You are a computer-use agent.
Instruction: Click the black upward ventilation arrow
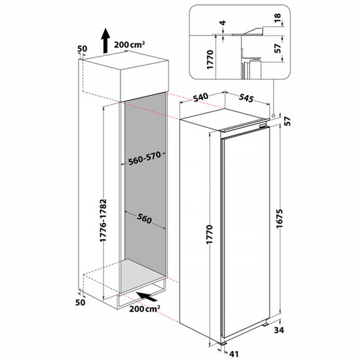pyautogui.click(x=106, y=40)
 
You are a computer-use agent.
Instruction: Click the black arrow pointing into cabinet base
pyautogui.click(x=147, y=297)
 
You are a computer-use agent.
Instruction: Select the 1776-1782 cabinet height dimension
pyautogui.click(x=103, y=220)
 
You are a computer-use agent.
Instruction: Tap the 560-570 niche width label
pyautogui.click(x=144, y=158)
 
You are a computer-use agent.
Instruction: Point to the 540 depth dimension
pyautogui.click(x=201, y=97)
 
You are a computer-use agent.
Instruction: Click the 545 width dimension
pyautogui.click(x=246, y=98)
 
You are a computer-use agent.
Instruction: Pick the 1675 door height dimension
pyautogui.click(x=279, y=219)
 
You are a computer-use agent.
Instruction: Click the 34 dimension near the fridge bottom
pyautogui.click(x=279, y=330)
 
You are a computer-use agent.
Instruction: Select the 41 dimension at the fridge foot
pyautogui.click(x=234, y=354)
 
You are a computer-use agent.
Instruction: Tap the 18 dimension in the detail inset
pyautogui.click(x=278, y=18)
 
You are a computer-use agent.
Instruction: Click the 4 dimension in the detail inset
pyautogui.click(x=222, y=23)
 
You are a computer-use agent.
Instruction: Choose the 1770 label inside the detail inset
pyautogui.click(x=210, y=59)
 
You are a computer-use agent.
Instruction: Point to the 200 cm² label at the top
pyautogui.click(x=129, y=44)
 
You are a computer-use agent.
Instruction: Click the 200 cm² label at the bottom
pyautogui.click(x=144, y=309)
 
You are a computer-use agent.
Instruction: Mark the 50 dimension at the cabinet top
pyautogui.click(x=82, y=49)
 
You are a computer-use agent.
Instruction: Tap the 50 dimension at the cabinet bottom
pyautogui.click(x=80, y=302)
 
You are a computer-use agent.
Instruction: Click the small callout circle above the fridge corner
pyautogui.click(x=274, y=116)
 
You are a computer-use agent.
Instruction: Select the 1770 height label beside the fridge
pyautogui.click(x=210, y=234)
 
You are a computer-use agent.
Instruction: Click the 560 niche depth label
pyautogui.click(x=144, y=218)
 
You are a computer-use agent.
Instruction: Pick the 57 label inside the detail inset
pyautogui.click(x=278, y=48)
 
